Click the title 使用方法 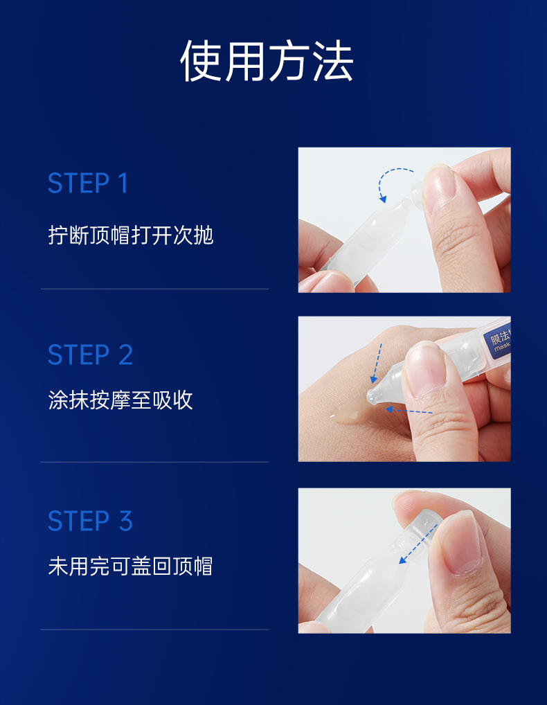[267, 61]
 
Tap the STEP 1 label [88, 183]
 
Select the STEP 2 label [90, 355]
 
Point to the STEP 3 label [90, 521]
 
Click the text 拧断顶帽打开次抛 [130, 235]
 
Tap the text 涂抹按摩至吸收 [120, 400]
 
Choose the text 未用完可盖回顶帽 [130, 566]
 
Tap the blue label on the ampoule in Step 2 [497, 341]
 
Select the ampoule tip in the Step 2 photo [374, 395]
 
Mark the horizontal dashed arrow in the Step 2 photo [409, 411]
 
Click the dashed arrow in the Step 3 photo [418, 544]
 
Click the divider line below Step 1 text [155, 289]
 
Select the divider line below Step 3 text [155, 630]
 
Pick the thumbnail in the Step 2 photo [424, 366]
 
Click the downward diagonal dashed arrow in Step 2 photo [377, 364]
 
